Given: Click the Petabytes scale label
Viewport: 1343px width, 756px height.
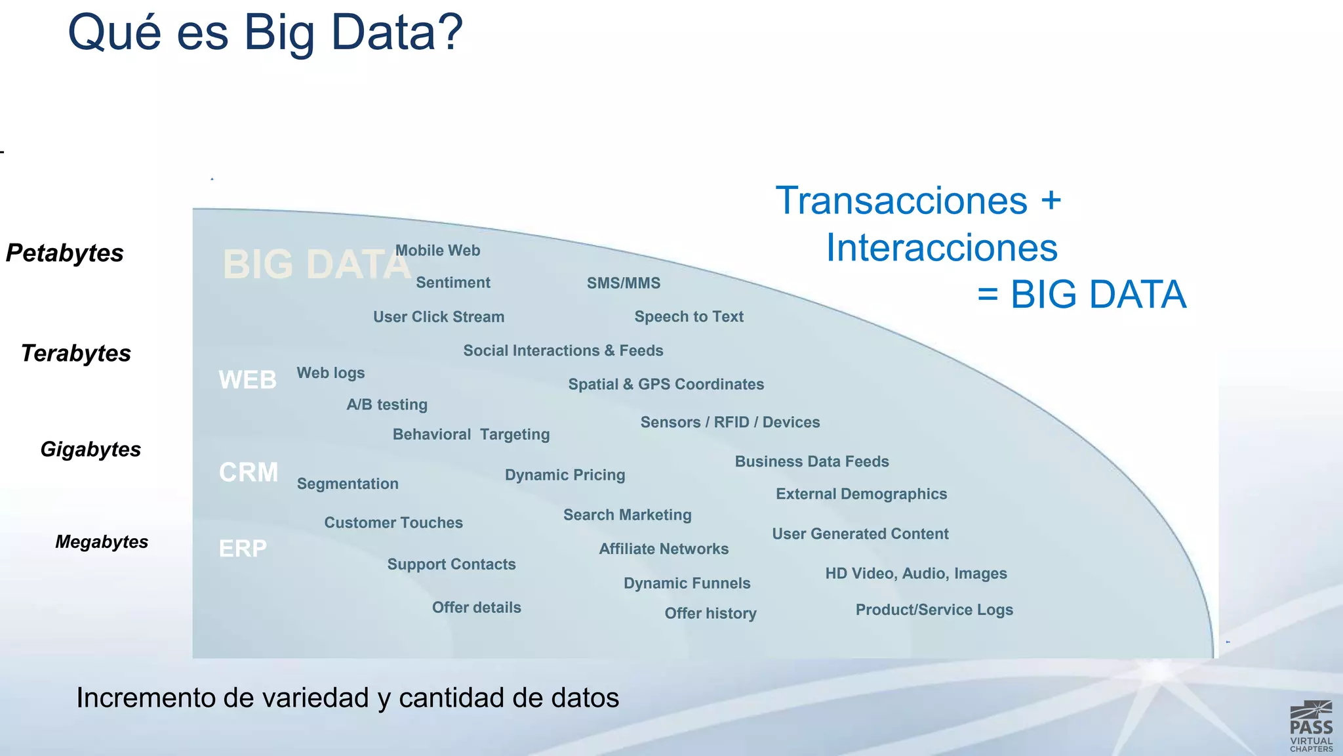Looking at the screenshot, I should click(65, 253).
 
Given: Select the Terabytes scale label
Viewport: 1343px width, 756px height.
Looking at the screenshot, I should click(76, 354).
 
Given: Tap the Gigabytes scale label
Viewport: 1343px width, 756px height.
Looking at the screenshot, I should click(90, 450).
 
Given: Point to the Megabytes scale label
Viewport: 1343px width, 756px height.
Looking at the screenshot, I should click(102, 542).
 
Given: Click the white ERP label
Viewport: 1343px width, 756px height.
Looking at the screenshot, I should click(243, 549).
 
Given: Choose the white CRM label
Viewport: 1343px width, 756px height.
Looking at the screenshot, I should click(249, 472).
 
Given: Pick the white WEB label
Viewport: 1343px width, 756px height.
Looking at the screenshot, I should click(248, 380).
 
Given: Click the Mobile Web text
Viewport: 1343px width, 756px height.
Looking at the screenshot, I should click(437, 251).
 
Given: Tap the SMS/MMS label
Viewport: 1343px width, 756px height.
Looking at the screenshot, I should click(624, 283).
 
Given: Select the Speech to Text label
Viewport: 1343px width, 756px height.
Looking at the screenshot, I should click(689, 317).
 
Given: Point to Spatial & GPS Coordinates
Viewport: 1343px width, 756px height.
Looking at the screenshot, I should click(666, 385).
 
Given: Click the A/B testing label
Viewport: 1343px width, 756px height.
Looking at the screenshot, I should click(387, 405).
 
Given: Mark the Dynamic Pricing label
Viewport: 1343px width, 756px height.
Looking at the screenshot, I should click(565, 475).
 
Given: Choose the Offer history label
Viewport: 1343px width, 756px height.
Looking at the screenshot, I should click(710, 614).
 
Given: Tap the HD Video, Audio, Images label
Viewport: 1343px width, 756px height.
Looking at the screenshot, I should click(915, 574).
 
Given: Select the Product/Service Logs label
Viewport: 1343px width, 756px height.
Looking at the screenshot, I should click(934, 610).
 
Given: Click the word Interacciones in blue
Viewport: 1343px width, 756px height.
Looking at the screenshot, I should click(942, 248).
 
